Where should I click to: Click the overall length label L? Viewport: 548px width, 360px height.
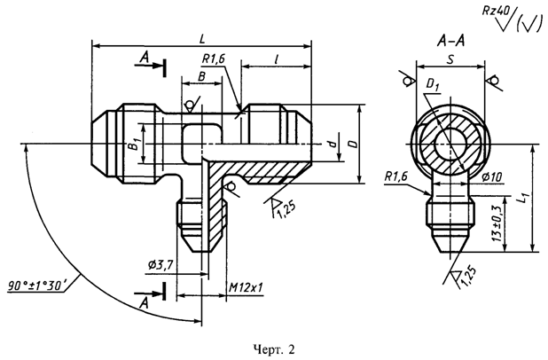(202, 39)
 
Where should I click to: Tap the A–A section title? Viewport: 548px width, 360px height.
(450, 42)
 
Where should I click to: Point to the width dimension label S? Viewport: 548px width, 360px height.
(450, 59)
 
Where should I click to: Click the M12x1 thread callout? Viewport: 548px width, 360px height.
(246, 287)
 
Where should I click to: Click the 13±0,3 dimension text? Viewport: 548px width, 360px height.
(497, 223)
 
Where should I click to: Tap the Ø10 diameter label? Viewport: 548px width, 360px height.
(492, 177)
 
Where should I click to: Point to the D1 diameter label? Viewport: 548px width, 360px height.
(433, 85)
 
